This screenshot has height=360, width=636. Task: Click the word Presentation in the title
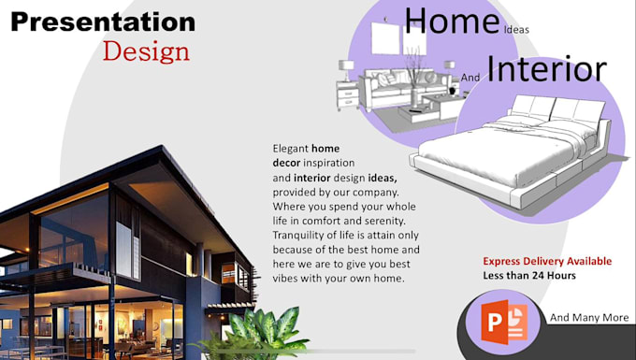click(x=103, y=22)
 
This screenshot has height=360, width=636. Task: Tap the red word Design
click(x=146, y=50)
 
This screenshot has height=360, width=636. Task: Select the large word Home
click(x=451, y=22)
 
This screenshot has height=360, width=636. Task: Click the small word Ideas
click(x=516, y=30)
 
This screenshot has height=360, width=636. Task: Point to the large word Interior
click(x=547, y=68)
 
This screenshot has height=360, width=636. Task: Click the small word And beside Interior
click(x=470, y=79)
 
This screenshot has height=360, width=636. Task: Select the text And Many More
click(x=589, y=318)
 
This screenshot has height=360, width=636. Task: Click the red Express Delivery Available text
click(x=547, y=261)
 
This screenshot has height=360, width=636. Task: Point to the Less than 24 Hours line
click(x=529, y=275)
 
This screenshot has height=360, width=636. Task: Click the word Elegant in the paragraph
click(x=290, y=149)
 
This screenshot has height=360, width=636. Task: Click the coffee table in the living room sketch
click(x=418, y=112)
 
